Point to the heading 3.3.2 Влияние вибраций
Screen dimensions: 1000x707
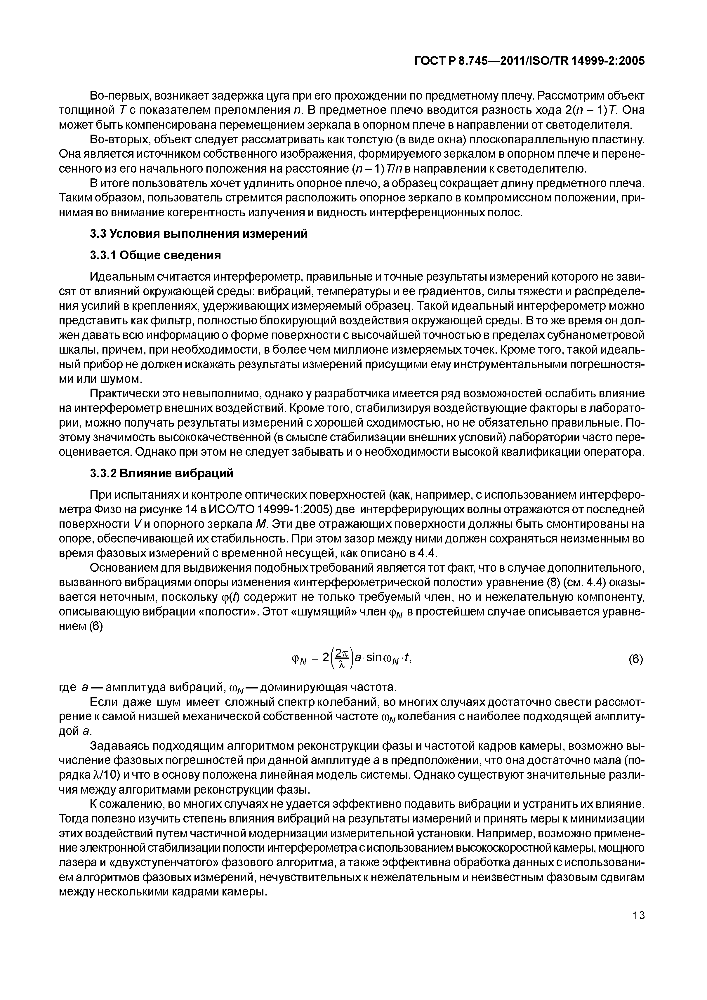161,474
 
